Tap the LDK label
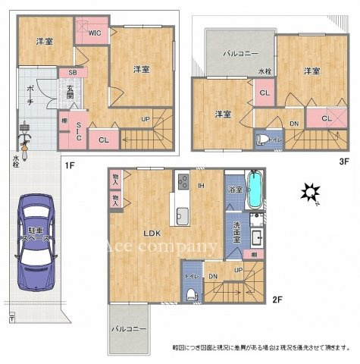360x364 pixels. [x=146, y=234]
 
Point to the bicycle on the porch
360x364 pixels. [x=23, y=143]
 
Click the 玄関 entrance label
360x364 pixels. [x=69, y=93]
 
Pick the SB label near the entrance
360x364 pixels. [x=72, y=72]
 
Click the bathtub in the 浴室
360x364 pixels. [x=254, y=191]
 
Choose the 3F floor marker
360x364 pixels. [x=343, y=161]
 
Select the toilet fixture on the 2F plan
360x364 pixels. [x=193, y=292]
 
